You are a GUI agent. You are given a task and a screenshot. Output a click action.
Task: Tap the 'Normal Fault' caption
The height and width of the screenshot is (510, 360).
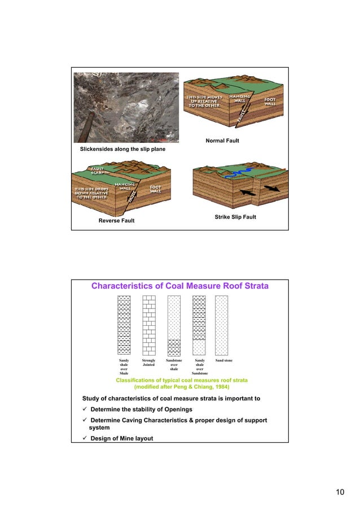click(x=221, y=140)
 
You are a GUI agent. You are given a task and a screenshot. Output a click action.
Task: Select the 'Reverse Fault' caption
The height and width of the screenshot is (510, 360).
click(x=117, y=221)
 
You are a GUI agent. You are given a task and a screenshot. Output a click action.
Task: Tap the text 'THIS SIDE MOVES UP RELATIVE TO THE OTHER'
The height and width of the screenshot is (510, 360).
click(x=205, y=101)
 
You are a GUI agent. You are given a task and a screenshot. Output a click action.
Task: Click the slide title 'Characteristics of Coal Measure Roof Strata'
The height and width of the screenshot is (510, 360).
click(x=180, y=286)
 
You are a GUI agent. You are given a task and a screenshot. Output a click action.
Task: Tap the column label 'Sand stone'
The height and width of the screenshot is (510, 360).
click(x=224, y=360)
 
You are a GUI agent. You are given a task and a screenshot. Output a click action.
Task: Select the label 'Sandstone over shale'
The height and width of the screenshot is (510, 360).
click(x=174, y=364)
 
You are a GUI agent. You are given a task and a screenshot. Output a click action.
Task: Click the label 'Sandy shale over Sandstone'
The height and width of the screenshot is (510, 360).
click(x=199, y=367)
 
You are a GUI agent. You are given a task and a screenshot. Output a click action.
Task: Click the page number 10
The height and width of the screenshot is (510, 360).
click(x=339, y=492)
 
